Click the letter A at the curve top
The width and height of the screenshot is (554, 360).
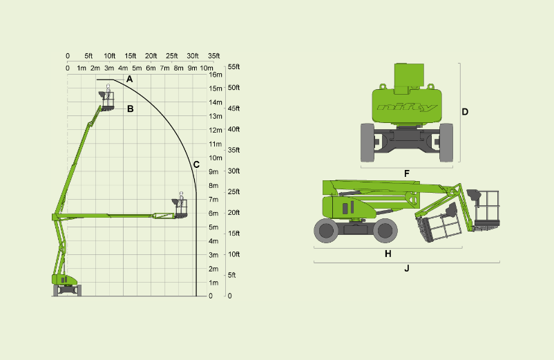[x=129, y=79]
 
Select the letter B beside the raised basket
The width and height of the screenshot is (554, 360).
[x=130, y=108]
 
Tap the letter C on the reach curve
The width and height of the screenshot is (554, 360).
[x=196, y=164]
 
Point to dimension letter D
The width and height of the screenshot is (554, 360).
[x=465, y=112]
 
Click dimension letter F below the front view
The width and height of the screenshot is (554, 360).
[x=407, y=174]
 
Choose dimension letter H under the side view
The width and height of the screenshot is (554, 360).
[x=388, y=254]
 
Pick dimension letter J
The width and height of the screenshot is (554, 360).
[x=407, y=269]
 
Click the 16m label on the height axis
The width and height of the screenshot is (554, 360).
[x=216, y=75]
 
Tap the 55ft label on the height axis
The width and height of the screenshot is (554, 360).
[x=234, y=67]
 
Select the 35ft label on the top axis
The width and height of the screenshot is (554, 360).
[x=213, y=56]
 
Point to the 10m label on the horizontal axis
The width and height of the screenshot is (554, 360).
[x=207, y=68]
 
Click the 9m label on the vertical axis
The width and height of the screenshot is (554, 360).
[x=213, y=172]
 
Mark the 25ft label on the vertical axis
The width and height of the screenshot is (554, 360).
[x=234, y=192]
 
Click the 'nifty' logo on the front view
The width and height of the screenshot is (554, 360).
[x=407, y=107]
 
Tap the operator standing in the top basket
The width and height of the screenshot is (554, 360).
[x=108, y=93]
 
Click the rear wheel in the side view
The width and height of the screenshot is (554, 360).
[x=326, y=231]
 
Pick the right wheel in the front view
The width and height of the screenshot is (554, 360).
[x=446, y=143]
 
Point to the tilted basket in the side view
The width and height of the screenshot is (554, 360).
[x=437, y=222]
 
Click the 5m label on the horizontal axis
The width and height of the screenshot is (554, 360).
[x=137, y=68]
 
